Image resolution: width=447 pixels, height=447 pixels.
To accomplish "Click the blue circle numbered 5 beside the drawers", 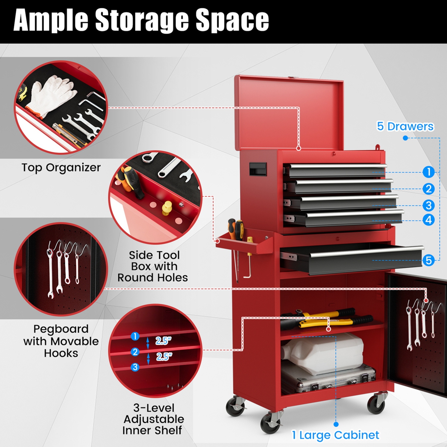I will point(428,260).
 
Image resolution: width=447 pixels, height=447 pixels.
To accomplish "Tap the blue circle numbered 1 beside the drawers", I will point(428,172).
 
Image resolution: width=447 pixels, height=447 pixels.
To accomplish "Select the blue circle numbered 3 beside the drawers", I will point(428,205).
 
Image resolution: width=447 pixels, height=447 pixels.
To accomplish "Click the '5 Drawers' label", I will point(405,126).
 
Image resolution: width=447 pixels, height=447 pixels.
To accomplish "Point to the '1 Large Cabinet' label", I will point(335,435).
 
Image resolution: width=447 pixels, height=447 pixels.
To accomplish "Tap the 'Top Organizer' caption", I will point(61,167).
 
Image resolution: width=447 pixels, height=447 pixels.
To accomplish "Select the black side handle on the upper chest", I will point(258,169).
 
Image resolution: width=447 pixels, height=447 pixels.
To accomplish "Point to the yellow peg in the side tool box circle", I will point(167,207).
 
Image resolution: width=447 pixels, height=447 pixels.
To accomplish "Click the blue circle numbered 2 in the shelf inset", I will point(135,352).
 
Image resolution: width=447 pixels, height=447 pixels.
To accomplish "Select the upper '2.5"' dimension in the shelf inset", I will point(163,341).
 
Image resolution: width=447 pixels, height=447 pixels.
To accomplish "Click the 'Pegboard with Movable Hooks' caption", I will point(61,341).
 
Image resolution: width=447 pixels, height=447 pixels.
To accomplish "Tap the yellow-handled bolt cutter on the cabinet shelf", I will point(328,319).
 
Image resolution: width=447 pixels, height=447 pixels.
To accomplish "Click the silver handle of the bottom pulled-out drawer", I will point(367,251).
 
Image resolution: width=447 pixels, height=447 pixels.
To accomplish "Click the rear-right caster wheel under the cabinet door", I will point(377,404).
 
